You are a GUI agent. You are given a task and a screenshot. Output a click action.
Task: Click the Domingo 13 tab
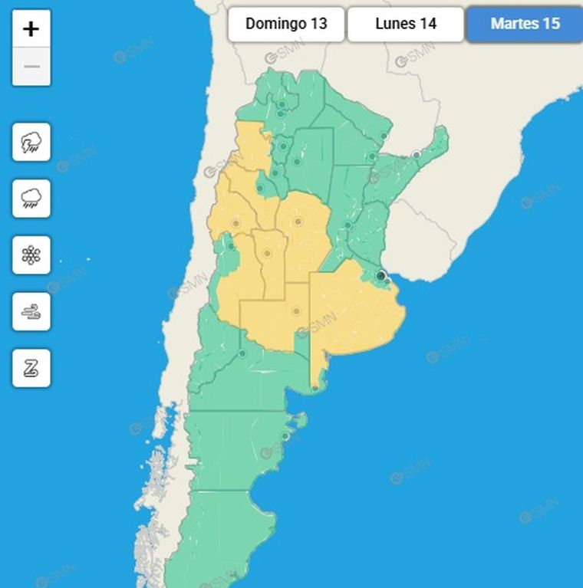pyautogui.click(x=286, y=24)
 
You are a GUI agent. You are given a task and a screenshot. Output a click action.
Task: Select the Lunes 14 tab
pyautogui.click(x=406, y=24)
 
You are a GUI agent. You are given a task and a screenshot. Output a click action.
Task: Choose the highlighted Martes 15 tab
pyautogui.click(x=525, y=24)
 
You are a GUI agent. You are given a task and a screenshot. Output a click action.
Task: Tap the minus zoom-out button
pyautogui.click(x=31, y=67)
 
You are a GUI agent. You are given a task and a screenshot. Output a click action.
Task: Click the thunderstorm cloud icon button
pyautogui.click(x=31, y=142)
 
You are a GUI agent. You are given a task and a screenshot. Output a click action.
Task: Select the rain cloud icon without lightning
pyautogui.click(x=31, y=199)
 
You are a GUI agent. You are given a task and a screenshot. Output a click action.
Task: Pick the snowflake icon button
pyautogui.click(x=31, y=255)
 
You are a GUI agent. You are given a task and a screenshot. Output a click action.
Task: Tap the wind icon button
pyautogui.click(x=31, y=311)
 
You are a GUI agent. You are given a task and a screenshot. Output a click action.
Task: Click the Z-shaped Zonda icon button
pyautogui.click(x=31, y=368)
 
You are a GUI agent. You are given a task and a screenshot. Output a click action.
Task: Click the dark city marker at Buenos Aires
pyautogui.click(x=380, y=275)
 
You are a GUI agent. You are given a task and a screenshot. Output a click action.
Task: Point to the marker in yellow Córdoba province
pyautogui.click(x=298, y=222)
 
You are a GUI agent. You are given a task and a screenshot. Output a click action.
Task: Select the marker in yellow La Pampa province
pyautogui.click(x=295, y=310)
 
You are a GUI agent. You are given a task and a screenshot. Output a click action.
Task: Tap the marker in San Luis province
pyautogui.click(x=267, y=253)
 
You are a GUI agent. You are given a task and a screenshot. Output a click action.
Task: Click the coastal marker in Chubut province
pyautogui.click(x=285, y=436)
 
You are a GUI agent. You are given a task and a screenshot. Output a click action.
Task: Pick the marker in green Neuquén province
pyautogui.click(x=242, y=353)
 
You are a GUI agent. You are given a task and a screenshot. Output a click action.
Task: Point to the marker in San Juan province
pyautogui.click(x=236, y=223)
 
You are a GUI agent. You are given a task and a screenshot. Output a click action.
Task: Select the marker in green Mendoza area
pyautogui.click(x=230, y=247)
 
